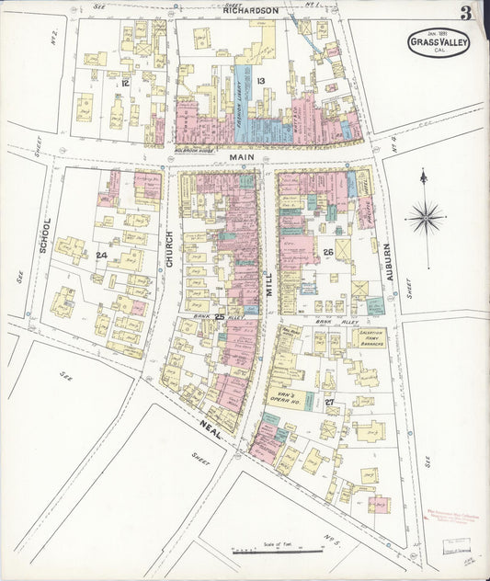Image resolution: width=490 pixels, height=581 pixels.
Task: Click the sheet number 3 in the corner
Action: click(x=467, y=13)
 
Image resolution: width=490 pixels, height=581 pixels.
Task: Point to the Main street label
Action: click(x=241, y=158)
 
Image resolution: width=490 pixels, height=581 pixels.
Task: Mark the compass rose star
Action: click(x=424, y=218)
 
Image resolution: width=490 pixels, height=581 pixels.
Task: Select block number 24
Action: click(x=101, y=255)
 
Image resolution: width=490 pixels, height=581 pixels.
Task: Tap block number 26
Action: click(x=327, y=251)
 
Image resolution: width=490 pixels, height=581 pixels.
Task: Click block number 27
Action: click(x=328, y=401)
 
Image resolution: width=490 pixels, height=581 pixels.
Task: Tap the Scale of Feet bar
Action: click(x=276, y=552)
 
